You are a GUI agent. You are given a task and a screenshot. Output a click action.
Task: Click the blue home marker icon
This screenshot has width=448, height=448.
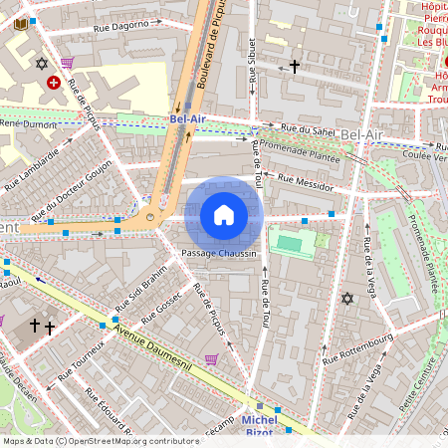coord(224,215)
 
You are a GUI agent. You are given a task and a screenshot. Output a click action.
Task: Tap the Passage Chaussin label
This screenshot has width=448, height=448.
coord(220,254)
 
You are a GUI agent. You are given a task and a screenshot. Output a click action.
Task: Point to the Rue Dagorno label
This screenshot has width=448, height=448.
coord(126,23)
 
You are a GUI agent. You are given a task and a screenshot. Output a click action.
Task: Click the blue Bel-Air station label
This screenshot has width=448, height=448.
coord(187,119)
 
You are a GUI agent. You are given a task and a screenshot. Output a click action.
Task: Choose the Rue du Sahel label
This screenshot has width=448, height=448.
coord(308,129)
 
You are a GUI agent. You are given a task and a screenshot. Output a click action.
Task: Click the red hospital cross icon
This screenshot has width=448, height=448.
coord(53,84)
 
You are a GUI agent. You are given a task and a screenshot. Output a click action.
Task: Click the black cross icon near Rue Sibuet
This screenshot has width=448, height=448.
coord(294,67)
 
